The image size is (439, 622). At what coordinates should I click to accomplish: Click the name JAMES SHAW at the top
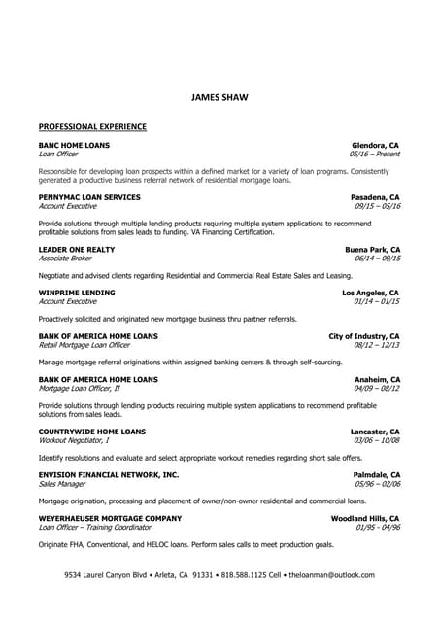(219, 97)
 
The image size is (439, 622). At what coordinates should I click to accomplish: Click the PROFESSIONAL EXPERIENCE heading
(92, 126)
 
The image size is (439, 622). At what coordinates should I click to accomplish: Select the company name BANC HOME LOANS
(74, 145)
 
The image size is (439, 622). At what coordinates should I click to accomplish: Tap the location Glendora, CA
(375, 145)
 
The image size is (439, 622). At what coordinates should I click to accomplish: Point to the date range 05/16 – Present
(374, 154)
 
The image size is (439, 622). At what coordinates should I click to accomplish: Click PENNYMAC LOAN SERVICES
(88, 197)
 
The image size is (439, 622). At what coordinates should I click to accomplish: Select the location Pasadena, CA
(375, 197)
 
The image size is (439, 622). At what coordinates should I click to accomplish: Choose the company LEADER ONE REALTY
(76, 250)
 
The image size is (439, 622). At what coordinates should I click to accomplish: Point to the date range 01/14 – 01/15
(377, 301)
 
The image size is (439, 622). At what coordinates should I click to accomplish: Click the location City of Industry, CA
(364, 335)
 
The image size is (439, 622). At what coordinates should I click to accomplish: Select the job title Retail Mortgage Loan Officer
(84, 344)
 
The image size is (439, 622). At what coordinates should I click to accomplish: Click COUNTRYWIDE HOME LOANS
(91, 432)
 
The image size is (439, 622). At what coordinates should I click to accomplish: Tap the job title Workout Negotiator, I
(73, 440)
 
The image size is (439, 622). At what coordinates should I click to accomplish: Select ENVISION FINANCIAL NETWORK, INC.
(108, 474)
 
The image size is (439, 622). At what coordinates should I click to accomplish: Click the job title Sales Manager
(61, 483)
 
